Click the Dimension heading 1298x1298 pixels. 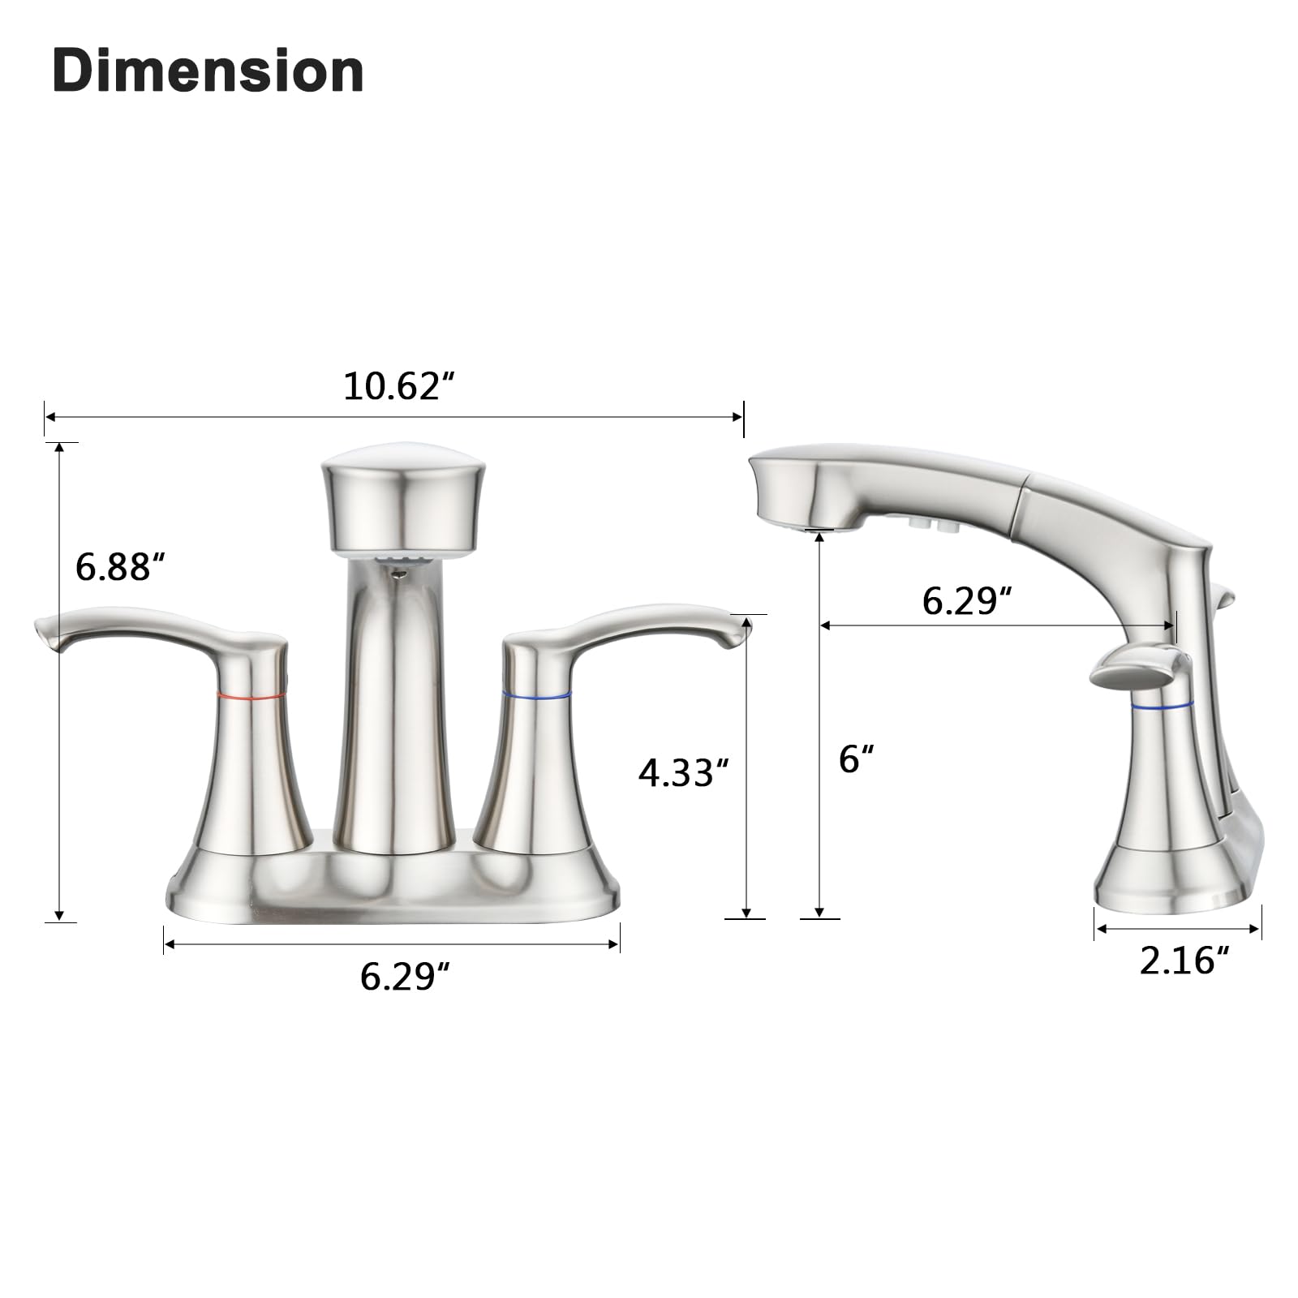[208, 71]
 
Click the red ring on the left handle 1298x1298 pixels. [251, 695]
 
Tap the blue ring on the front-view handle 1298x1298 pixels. [535, 694]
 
